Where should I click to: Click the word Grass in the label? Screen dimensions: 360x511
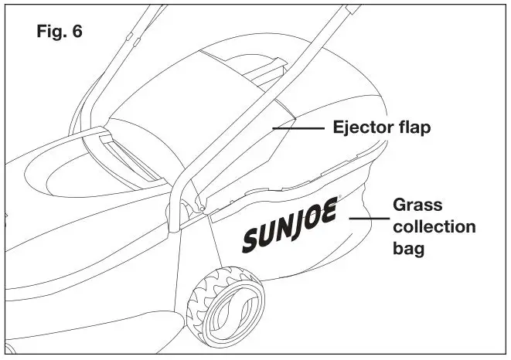(418, 207)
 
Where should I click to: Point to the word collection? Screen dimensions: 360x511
(434, 228)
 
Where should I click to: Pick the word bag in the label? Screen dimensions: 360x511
(410, 250)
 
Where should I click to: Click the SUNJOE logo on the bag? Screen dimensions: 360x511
(289, 229)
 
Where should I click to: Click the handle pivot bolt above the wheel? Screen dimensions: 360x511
(202, 207)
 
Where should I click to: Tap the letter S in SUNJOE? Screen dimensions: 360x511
(251, 242)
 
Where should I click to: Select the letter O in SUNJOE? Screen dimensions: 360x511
(312, 221)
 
